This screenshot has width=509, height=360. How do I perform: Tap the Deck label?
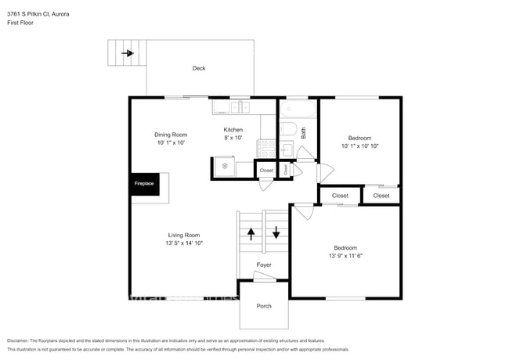(199, 68)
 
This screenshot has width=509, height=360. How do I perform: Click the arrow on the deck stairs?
(126, 54)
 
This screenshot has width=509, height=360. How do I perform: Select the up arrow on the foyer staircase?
(251, 232)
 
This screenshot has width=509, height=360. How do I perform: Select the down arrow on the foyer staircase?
(276, 232)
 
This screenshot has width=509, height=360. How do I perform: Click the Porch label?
(264, 305)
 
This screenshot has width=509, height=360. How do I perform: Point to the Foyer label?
(264, 265)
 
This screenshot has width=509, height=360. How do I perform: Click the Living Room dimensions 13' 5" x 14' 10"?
(183, 243)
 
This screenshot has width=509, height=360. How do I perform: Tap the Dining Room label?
(171, 134)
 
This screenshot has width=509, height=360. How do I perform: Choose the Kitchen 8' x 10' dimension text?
(233, 138)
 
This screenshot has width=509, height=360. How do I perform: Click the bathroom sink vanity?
(287, 149)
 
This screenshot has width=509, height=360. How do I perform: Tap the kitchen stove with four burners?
(267, 145)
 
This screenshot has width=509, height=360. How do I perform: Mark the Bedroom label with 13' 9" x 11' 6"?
(345, 247)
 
